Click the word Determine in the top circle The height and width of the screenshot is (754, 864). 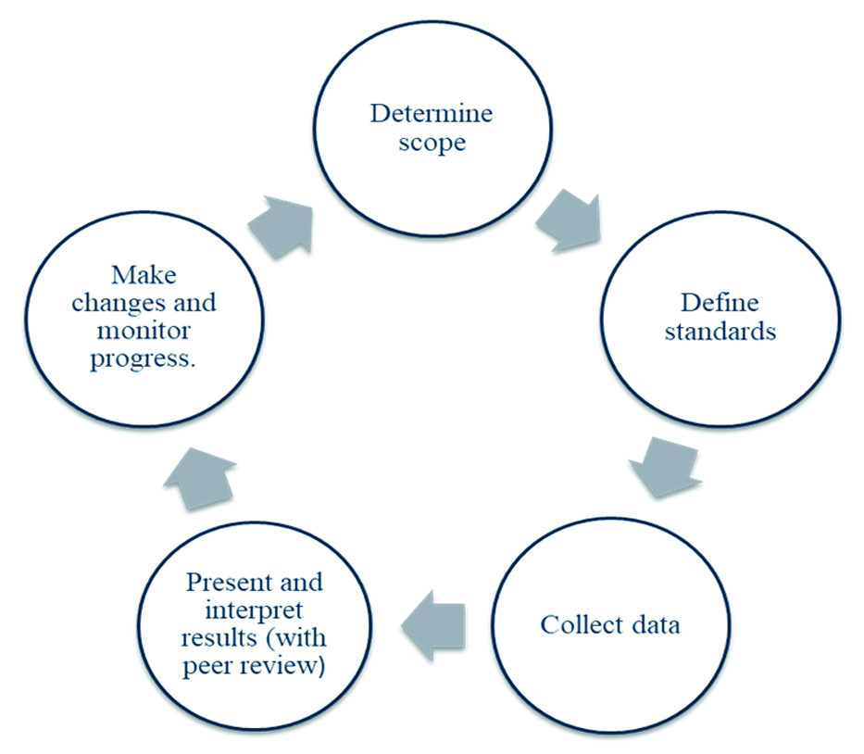[x=432, y=115]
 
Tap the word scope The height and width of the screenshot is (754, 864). [x=432, y=145]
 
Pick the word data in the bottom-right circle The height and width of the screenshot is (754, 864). [x=653, y=624]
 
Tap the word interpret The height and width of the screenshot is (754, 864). [x=254, y=610]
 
